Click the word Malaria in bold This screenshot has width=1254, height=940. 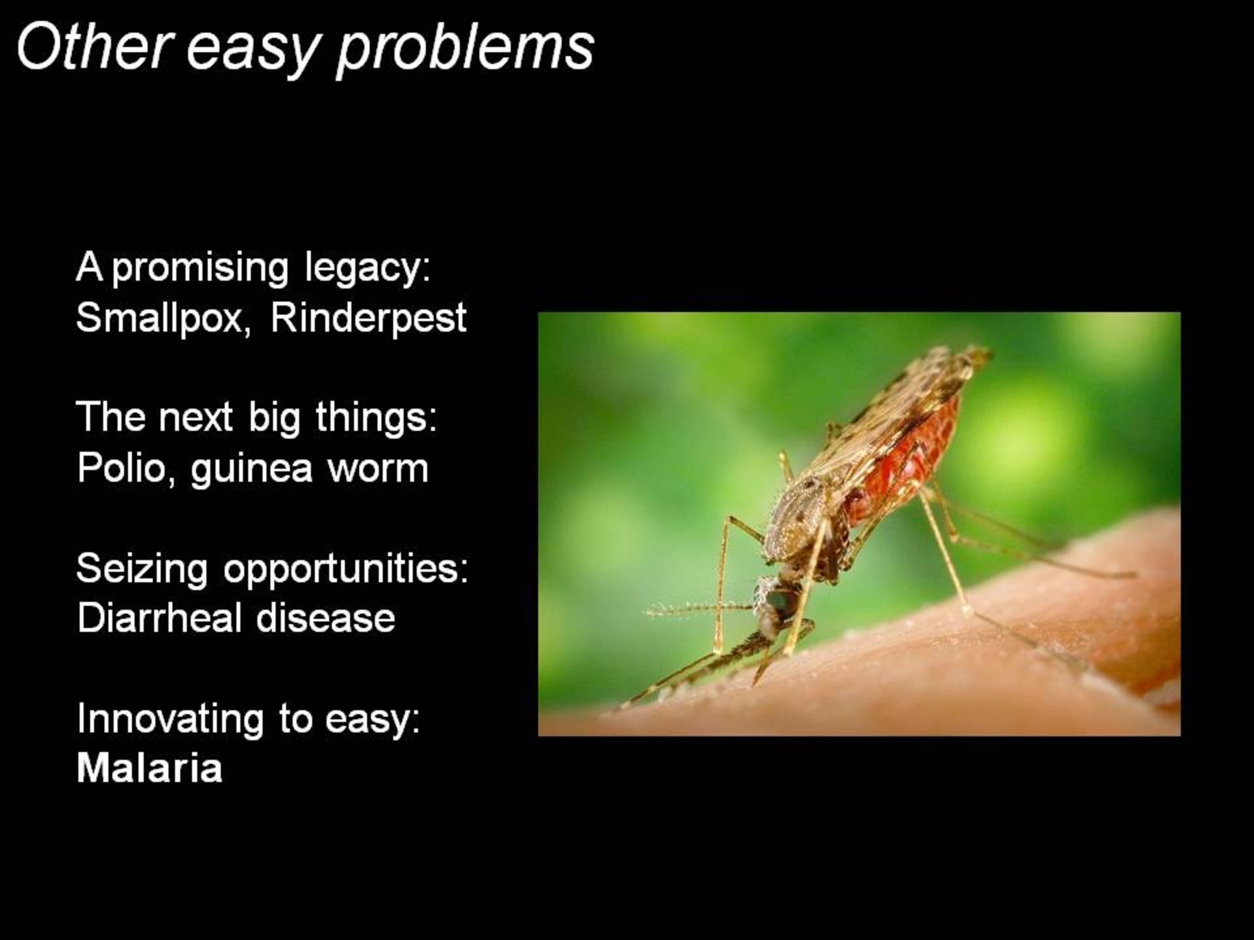(x=150, y=768)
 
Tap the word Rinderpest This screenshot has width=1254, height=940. (x=368, y=319)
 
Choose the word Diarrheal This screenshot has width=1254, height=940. (x=159, y=617)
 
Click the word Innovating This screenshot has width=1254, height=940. (x=170, y=719)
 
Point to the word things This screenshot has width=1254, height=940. (x=376, y=418)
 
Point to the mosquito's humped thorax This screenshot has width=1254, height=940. (x=800, y=516)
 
